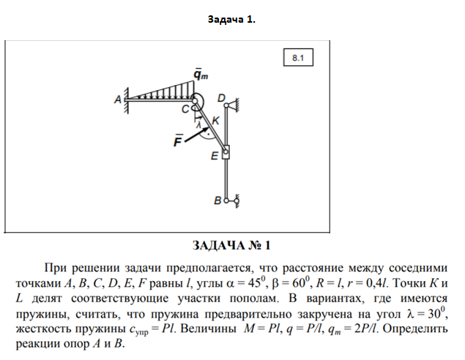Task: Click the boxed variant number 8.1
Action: tap(298, 57)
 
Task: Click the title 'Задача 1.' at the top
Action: tap(231, 20)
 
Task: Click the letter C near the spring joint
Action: tap(186, 108)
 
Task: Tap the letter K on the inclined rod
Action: tap(215, 119)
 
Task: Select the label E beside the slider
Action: tap(215, 155)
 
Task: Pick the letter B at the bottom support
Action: tap(217, 199)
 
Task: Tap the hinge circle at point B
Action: tap(227, 199)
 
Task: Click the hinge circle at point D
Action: tap(228, 107)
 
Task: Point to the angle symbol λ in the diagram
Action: tap(198, 125)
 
